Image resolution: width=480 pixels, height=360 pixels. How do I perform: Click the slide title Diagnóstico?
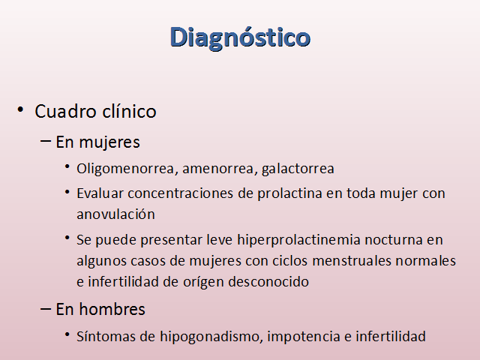pyautogui.click(x=240, y=37)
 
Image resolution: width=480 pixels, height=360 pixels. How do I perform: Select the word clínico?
pyautogui.click(x=129, y=110)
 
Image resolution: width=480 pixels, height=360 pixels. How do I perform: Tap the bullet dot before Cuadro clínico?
pyautogui.click(x=20, y=109)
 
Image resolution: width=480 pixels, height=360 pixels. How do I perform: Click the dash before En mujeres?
pyautogui.click(x=45, y=141)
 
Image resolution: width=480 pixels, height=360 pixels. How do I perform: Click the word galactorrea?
pyautogui.click(x=298, y=169)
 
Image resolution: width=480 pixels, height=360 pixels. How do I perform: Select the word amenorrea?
pyautogui.click(x=218, y=169)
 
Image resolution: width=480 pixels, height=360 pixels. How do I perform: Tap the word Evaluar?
pyautogui.click(x=100, y=193)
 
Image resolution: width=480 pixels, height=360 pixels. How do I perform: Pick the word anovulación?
pyautogui.click(x=115, y=214)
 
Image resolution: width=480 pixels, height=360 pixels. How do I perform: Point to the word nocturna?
pyautogui.click(x=393, y=240)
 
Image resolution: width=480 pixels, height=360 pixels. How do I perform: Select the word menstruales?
pyautogui.click(x=352, y=261)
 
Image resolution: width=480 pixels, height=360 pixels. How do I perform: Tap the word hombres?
pyautogui.click(x=112, y=309)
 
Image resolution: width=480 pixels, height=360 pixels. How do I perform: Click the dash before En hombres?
pyautogui.click(x=45, y=309)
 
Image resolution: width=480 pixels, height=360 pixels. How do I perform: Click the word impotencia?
pyautogui.click(x=304, y=337)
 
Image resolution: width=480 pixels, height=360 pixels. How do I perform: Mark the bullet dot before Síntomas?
pyautogui.click(x=67, y=334)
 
